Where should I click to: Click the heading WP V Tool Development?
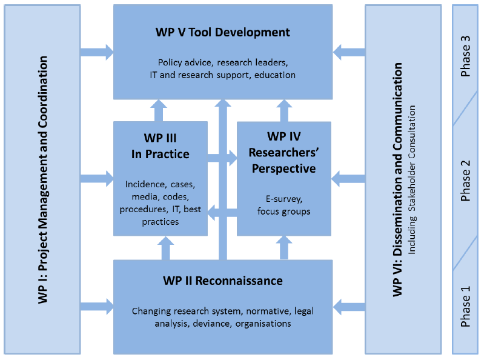222,32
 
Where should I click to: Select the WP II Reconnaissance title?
222,281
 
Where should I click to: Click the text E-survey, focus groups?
283,205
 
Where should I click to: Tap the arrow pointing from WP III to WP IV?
222,159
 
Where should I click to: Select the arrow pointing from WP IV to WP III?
222,212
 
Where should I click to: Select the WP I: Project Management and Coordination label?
42,180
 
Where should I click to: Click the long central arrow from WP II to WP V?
222,182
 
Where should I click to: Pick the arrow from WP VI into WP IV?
348,179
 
